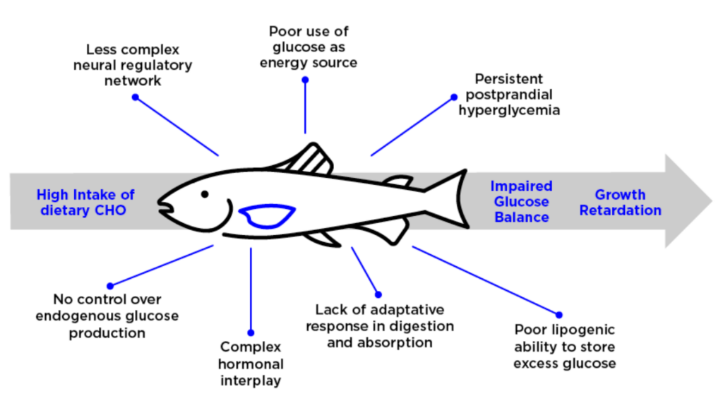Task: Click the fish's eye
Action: tap(205, 195)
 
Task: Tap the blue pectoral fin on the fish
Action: tap(267, 216)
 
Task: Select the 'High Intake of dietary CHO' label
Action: tap(85, 203)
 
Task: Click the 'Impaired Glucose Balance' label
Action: tap(522, 201)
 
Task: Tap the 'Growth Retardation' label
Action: tap(620, 203)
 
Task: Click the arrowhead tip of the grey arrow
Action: tap(712, 201)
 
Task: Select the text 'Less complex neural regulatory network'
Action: tap(133, 65)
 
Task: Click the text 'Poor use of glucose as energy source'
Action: tap(309, 47)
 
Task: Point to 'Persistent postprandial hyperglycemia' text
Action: tap(509, 95)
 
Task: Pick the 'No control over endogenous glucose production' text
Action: tap(107, 316)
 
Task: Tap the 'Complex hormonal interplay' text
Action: tap(251, 364)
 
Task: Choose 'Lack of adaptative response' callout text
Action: tap(379, 326)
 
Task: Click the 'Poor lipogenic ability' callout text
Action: tap(564, 347)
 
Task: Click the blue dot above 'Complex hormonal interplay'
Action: tap(251, 333)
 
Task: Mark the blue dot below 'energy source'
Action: tap(305, 80)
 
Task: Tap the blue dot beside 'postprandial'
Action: tap(454, 97)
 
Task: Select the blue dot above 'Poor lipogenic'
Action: tap(559, 316)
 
